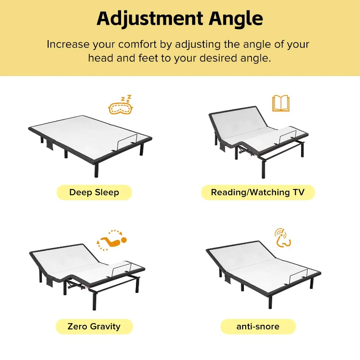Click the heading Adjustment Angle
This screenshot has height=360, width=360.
point(180,19)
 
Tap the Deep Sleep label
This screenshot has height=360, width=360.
point(94,193)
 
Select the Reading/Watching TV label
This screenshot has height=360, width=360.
point(257,193)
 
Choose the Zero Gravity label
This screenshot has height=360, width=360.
point(94,326)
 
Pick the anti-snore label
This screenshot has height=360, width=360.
point(258,326)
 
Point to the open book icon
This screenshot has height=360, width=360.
point(281,103)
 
